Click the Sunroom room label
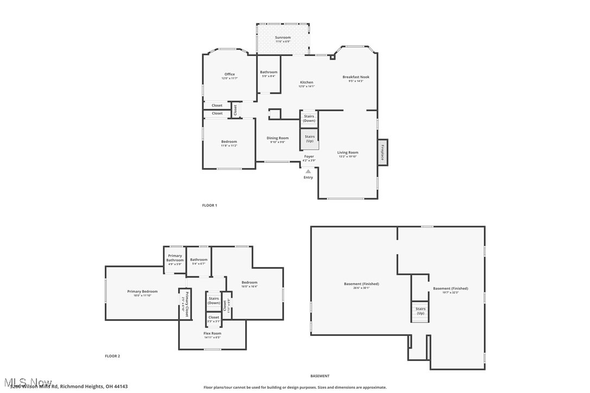point(282,37)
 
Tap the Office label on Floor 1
point(229,74)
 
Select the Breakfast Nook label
point(355,77)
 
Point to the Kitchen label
point(306,83)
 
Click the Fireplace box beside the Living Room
point(382,152)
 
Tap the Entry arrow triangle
point(308,171)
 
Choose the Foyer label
point(309,156)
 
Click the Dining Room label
point(277,138)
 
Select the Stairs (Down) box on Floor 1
point(309,118)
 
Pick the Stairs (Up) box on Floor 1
point(310,139)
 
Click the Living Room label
point(348,153)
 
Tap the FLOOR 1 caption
point(209,205)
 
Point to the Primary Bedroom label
point(142,291)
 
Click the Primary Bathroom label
point(175,258)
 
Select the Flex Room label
point(212,333)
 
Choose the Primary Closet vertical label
point(186,305)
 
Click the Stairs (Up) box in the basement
point(420,311)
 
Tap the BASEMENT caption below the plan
point(319,376)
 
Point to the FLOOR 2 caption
point(112,356)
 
